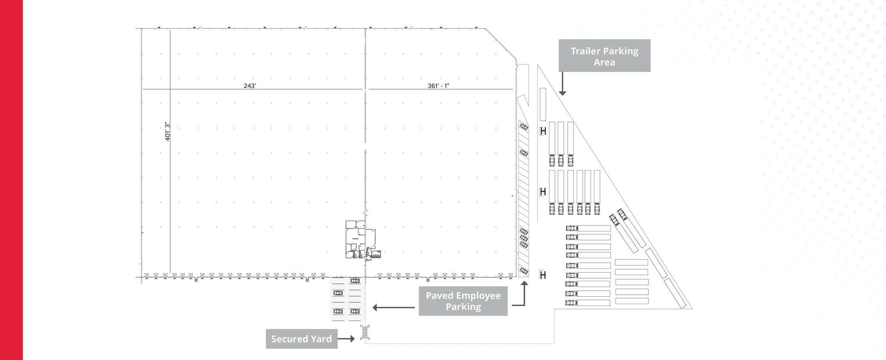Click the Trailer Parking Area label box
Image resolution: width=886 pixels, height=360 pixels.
tap(604, 56)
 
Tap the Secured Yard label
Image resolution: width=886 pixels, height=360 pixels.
tap(301, 339)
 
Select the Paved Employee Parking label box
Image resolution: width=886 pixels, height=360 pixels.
tap(463, 301)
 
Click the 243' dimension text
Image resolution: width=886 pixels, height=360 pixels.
tap(250, 86)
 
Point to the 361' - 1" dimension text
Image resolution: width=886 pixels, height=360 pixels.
tap(438, 86)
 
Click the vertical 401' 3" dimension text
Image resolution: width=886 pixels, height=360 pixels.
tap(167, 132)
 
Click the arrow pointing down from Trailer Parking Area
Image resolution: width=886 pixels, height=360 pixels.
tap(562, 84)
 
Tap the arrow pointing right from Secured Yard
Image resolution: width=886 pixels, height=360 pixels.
tap(346, 339)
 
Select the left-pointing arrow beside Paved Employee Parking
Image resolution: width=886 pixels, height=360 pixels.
tap(393, 308)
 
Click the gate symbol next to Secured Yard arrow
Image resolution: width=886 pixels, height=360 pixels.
tap(365, 332)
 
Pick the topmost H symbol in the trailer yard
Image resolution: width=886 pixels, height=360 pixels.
tap(543, 131)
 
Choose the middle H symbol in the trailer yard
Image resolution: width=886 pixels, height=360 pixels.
tap(543, 192)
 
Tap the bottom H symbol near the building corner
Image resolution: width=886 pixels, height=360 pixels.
tap(543, 275)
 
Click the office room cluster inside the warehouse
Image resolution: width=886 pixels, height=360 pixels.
tap(360, 241)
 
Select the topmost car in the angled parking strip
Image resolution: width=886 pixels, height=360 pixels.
tap(523, 127)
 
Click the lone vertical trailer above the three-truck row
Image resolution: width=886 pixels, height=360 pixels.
tap(543, 104)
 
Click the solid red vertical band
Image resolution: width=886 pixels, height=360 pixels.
tap(11, 180)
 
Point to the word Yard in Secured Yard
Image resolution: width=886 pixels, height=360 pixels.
tap(321, 339)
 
